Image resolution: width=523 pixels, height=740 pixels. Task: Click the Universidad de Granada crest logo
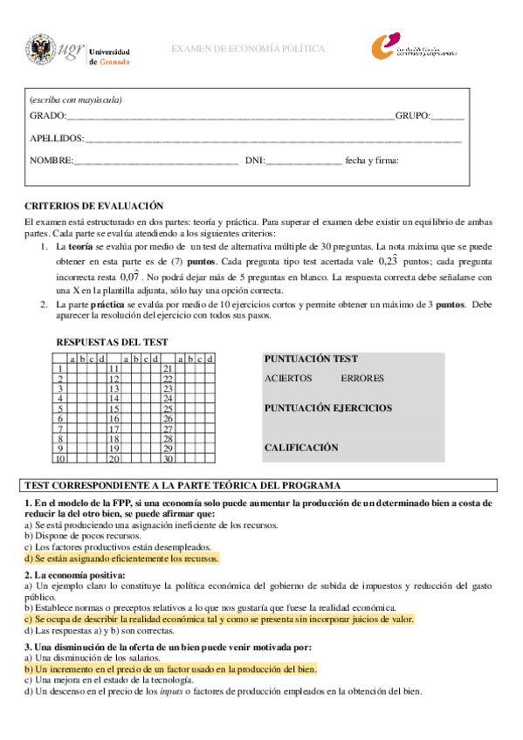(x=39, y=51)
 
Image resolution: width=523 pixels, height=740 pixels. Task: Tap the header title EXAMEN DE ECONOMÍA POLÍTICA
(x=249, y=49)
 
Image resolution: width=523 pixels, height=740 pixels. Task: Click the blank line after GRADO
(x=231, y=117)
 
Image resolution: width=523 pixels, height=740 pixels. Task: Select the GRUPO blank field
(x=448, y=117)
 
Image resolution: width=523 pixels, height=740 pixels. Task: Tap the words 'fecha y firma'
(x=372, y=161)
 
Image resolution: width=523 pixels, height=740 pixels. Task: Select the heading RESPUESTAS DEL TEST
(x=112, y=342)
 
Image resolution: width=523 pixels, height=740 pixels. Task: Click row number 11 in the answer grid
(x=114, y=368)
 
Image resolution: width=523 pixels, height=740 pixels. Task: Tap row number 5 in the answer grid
(x=60, y=408)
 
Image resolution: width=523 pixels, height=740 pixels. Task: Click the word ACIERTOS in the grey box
(x=288, y=379)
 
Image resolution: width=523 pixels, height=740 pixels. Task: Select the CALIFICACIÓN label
(x=300, y=448)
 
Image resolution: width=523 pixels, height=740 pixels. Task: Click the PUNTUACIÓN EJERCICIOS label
(x=327, y=408)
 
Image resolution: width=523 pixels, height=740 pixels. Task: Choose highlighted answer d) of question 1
(x=121, y=558)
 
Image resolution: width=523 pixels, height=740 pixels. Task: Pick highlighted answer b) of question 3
(x=170, y=668)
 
